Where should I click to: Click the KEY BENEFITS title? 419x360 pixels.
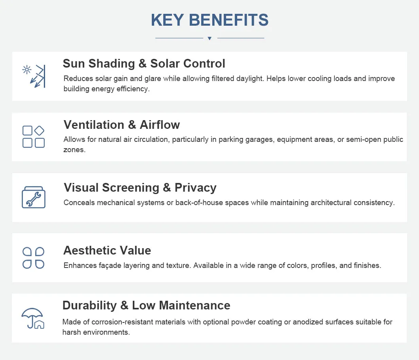(x=209, y=20)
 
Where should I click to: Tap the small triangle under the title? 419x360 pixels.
(x=209, y=38)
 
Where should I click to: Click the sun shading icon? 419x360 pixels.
(x=34, y=76)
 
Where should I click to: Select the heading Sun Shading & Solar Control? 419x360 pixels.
(x=144, y=64)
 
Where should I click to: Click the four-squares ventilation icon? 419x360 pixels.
(x=34, y=137)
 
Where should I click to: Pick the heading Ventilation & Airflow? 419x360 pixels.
(x=122, y=125)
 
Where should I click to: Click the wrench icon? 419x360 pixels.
(x=34, y=197)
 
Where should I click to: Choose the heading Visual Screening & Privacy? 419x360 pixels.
(x=140, y=187)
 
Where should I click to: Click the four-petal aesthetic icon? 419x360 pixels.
(x=34, y=258)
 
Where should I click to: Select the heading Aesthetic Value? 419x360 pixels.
(x=107, y=251)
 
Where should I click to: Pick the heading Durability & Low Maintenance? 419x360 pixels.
(x=146, y=305)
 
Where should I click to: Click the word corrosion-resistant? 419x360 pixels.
(x=138, y=322)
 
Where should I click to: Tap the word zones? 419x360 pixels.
(x=74, y=150)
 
